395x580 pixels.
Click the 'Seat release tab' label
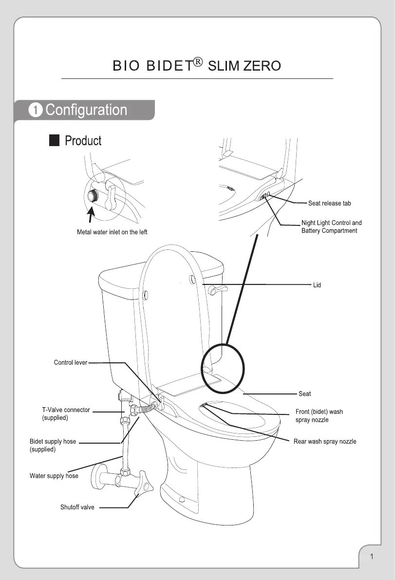(329, 203)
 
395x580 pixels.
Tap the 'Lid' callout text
(317, 285)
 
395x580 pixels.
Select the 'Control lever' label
(70, 362)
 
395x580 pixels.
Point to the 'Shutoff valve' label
(77, 507)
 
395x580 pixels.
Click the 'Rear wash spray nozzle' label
(324, 442)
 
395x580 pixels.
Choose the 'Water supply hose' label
(54, 475)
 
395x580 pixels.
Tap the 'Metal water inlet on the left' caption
(112, 232)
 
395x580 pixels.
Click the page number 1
(371, 557)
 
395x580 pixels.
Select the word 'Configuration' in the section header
(86, 110)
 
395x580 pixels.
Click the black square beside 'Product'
(54, 141)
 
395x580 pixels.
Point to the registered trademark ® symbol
(197, 62)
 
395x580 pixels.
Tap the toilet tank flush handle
(217, 291)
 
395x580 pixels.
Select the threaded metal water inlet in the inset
(91, 196)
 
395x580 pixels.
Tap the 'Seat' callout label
(304, 393)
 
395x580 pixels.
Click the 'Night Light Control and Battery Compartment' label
(331, 226)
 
